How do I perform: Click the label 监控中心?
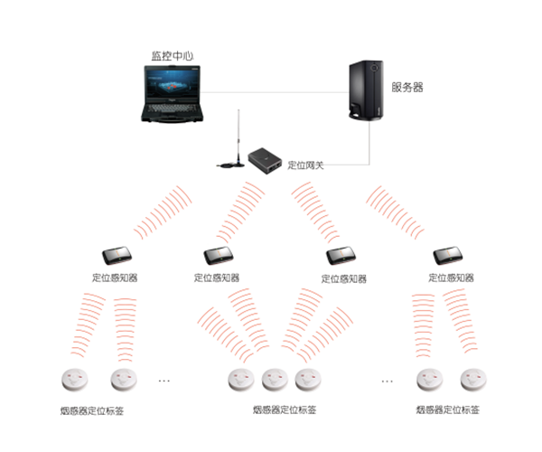point(173,55)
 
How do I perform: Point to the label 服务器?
point(407,88)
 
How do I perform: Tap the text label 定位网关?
point(305,165)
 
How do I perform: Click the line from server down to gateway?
point(370,145)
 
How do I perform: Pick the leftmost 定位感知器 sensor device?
point(115,256)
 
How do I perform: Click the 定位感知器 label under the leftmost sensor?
point(115,277)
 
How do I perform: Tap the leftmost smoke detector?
point(70,379)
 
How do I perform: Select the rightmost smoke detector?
point(472,379)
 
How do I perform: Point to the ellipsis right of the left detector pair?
point(164,381)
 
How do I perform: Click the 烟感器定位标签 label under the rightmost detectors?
point(448,410)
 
